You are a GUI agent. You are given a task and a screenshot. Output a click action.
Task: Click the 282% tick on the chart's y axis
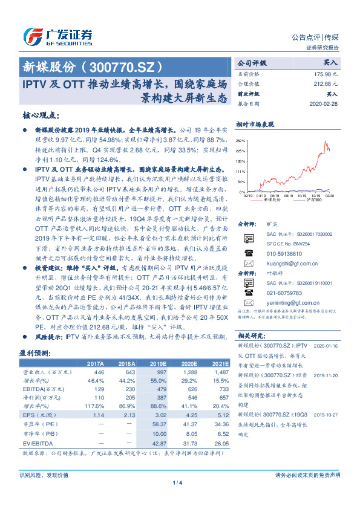coord(242,139)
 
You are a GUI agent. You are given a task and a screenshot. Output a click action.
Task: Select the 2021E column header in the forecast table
coord(220,365)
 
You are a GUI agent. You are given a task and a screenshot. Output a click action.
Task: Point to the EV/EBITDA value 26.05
coord(220,444)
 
